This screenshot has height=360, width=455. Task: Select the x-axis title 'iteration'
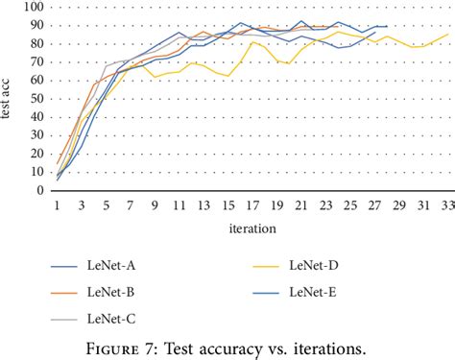click(x=253, y=228)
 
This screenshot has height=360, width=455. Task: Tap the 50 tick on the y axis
click(x=36, y=99)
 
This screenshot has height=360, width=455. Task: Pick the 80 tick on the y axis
click(x=36, y=44)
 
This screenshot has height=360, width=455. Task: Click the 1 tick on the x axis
click(x=58, y=206)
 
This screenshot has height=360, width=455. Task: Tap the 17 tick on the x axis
click(x=252, y=206)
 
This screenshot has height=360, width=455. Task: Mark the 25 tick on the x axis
click(x=349, y=206)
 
